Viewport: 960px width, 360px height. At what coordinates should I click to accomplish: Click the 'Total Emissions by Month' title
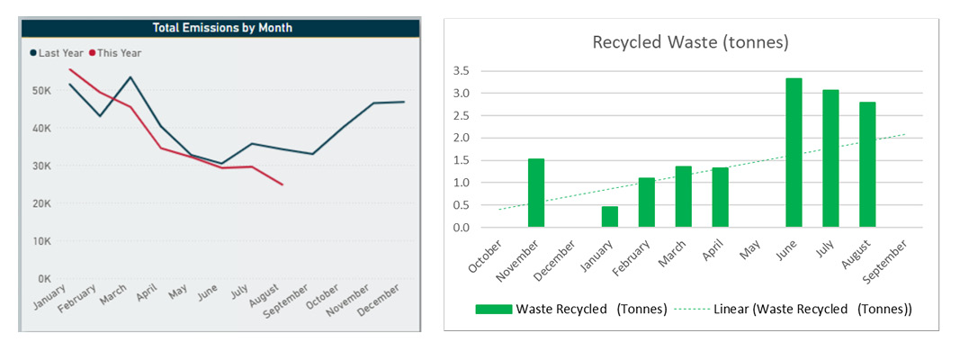click(x=222, y=28)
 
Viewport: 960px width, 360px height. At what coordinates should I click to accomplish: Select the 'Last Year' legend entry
click(x=55, y=53)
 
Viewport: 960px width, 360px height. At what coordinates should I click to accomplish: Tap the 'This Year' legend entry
click(x=115, y=53)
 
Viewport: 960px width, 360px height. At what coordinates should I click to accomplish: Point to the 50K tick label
click(x=40, y=91)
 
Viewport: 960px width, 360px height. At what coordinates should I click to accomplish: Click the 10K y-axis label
click(x=40, y=241)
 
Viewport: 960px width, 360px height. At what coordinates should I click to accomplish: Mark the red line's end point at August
click(x=283, y=184)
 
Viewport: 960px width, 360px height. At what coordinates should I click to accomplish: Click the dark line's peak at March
click(x=130, y=77)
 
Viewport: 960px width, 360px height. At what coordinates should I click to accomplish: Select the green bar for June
click(x=794, y=153)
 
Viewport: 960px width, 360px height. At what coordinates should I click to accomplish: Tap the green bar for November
click(x=536, y=193)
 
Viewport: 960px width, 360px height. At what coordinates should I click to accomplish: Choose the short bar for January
click(x=610, y=217)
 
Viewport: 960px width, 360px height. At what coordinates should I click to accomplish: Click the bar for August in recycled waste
click(x=867, y=165)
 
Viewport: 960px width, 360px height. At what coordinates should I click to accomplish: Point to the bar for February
click(x=647, y=202)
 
